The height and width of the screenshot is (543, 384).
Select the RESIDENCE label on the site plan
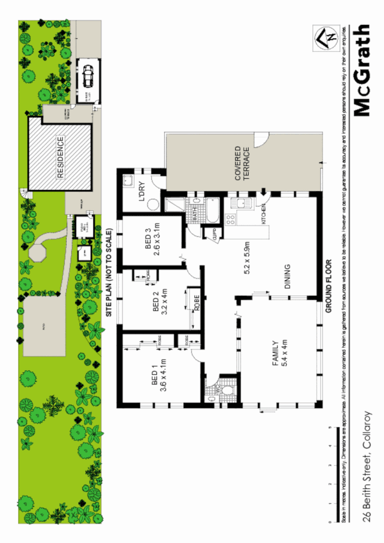(x=60, y=157)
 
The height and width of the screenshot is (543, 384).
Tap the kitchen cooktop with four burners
(x=230, y=220)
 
